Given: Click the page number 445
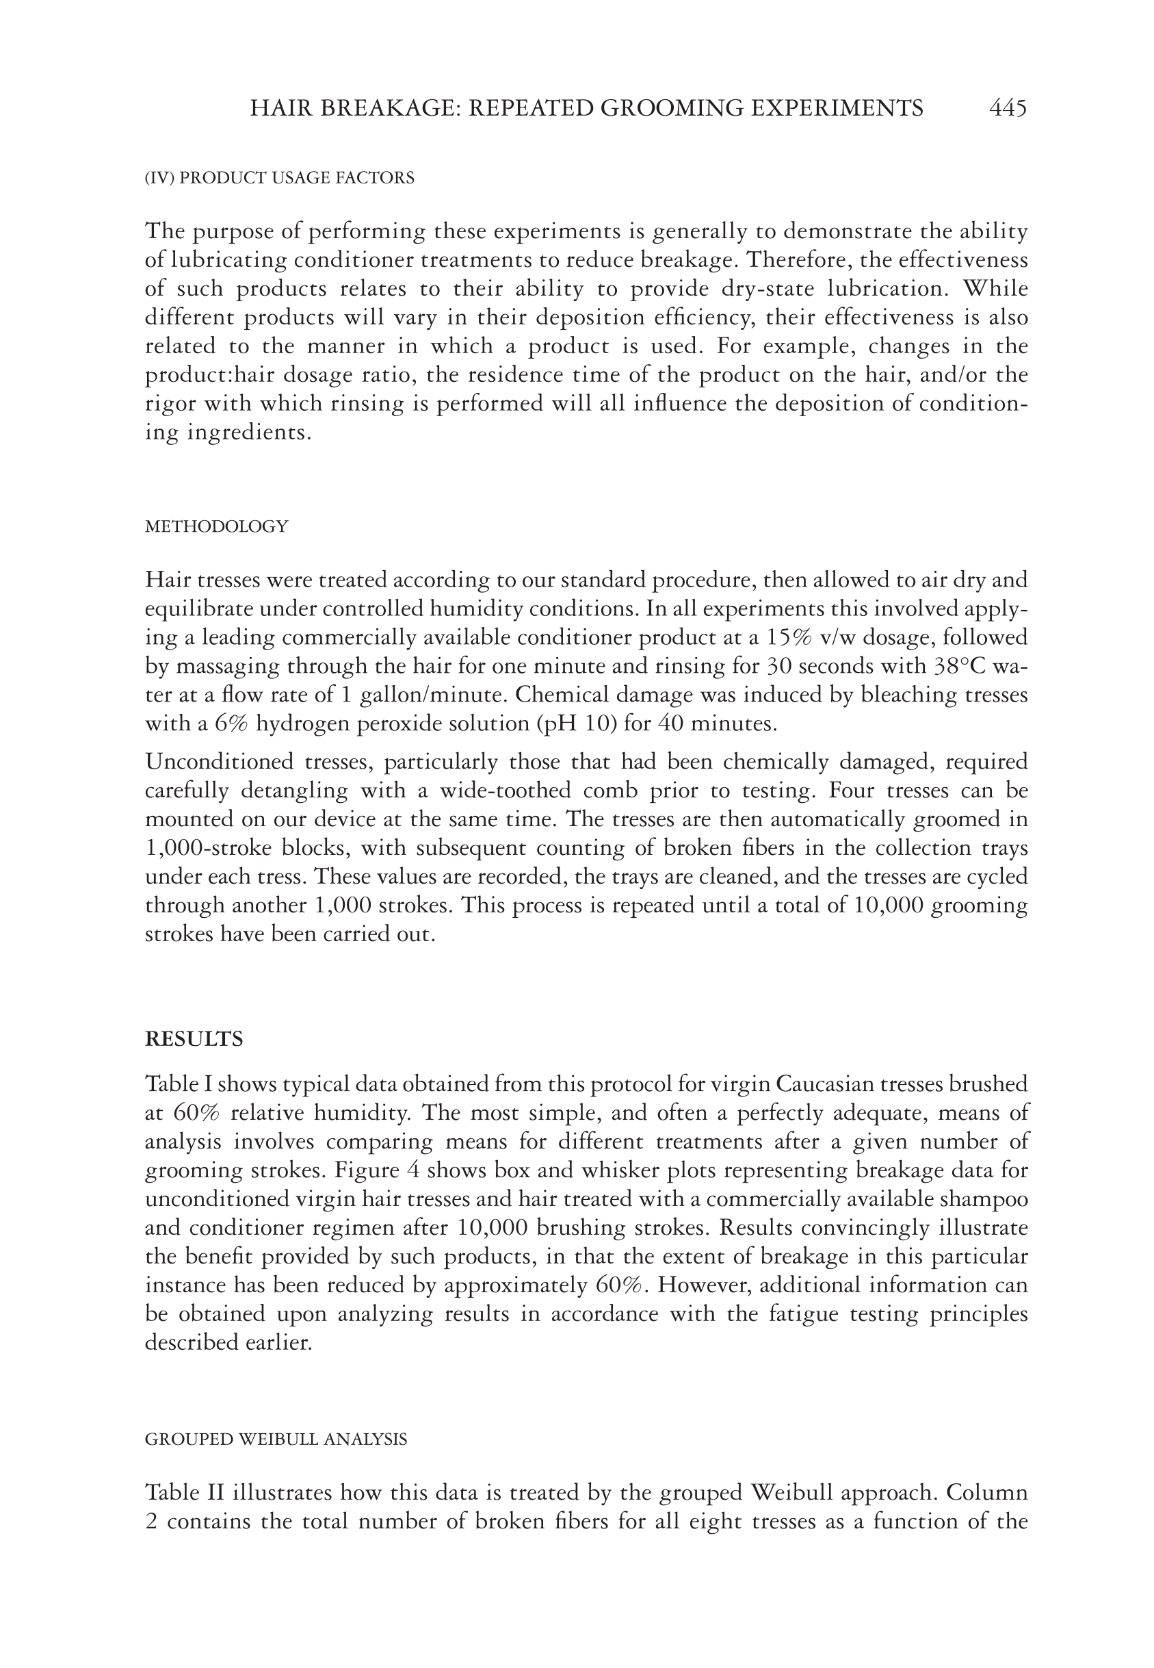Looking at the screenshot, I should tap(1007, 109).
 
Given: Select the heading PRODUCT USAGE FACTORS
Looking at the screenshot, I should tap(296, 178).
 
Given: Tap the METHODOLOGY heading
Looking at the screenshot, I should tap(216, 526).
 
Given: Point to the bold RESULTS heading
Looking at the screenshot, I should tap(194, 1040).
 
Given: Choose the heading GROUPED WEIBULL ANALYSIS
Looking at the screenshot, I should tap(276, 1439).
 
